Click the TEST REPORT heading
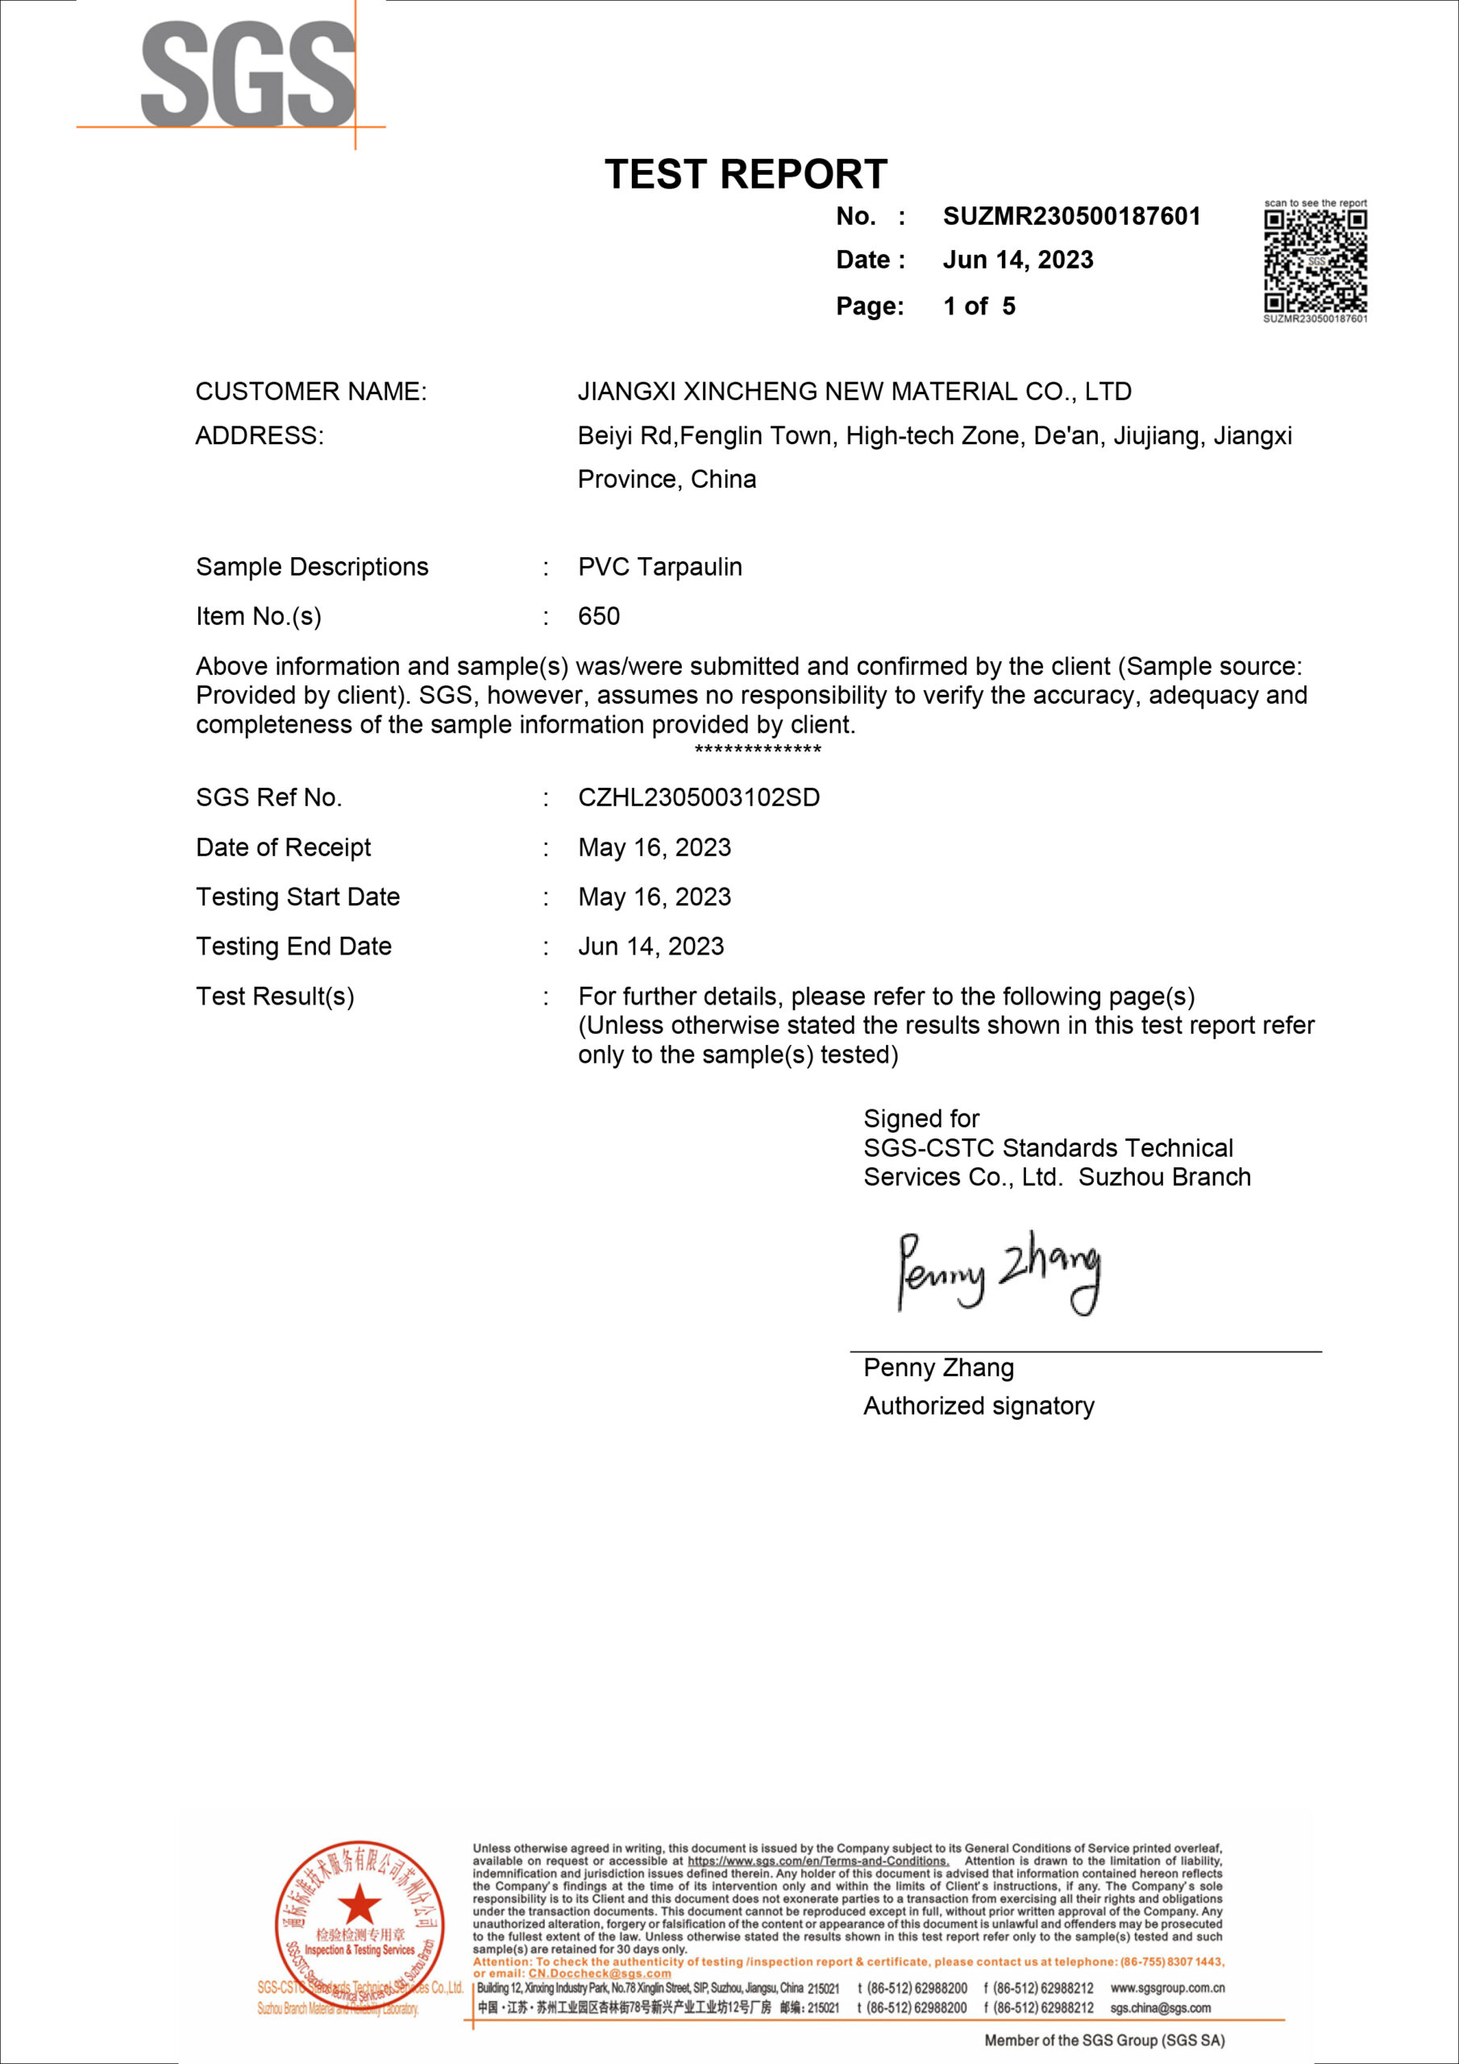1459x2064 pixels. tap(746, 174)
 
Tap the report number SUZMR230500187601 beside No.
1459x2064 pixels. tap(1070, 217)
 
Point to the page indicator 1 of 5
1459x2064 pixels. tap(979, 306)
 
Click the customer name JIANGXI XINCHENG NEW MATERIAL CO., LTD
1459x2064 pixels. tap(854, 392)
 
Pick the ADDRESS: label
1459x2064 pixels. tap(259, 436)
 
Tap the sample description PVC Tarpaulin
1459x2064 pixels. tap(660, 568)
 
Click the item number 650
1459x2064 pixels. tap(599, 617)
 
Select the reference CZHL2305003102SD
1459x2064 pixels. tap(699, 798)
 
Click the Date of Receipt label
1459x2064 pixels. tap(283, 847)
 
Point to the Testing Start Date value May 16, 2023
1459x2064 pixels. tap(655, 897)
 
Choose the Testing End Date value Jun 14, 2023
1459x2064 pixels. tap(651, 947)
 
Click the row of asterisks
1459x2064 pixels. tap(758, 750)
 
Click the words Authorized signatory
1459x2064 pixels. tap(979, 1406)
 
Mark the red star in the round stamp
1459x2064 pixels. tap(360, 1903)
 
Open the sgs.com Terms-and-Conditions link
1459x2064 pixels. tap(817, 1861)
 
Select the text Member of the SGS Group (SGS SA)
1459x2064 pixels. tap(1104, 2041)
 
